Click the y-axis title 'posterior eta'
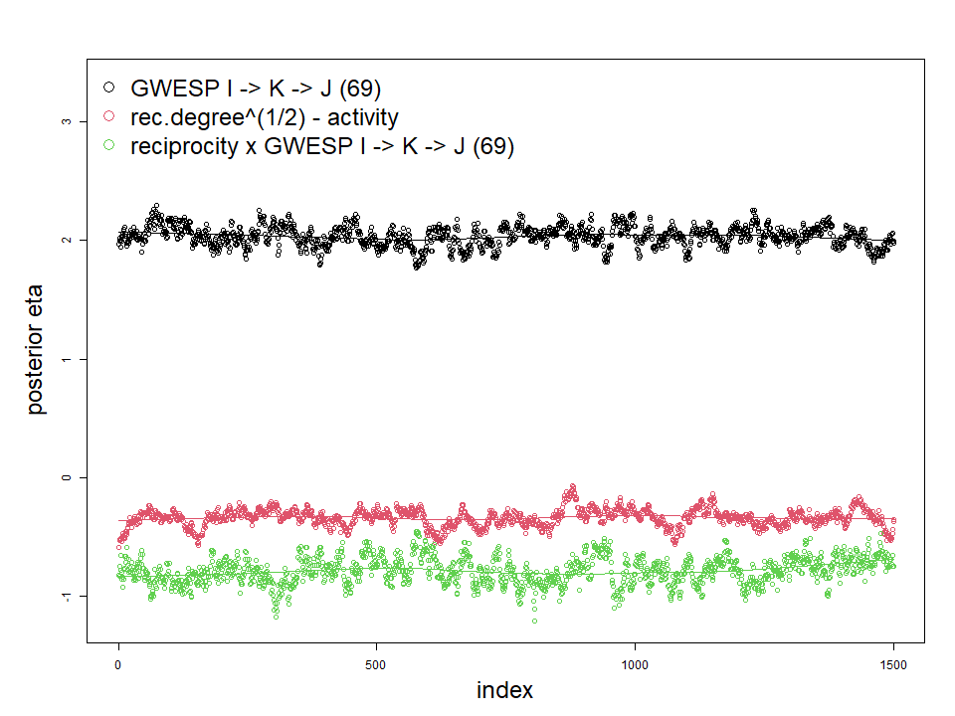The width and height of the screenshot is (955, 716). pos(37,358)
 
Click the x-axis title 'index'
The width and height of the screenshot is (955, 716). pos(504,690)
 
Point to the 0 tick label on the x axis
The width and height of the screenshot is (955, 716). pos(118,662)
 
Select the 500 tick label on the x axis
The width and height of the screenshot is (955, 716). pos(376,662)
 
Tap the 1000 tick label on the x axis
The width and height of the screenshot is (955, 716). pos(635,662)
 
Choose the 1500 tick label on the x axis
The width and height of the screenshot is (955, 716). pos(893,662)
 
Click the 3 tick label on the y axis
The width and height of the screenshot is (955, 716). pos(67,121)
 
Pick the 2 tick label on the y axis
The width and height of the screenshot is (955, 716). pos(67,240)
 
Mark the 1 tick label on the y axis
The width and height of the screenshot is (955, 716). pos(67,359)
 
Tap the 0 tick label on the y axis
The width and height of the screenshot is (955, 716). pos(67,477)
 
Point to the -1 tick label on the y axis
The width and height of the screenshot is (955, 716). pos(67,596)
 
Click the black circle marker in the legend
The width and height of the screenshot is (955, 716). pos(109,89)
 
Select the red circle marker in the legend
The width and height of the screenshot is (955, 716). pos(109,117)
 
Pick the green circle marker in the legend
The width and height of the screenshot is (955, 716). pos(109,146)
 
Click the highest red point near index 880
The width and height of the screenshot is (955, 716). pos(572,486)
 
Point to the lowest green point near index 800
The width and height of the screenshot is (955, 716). pos(534,621)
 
